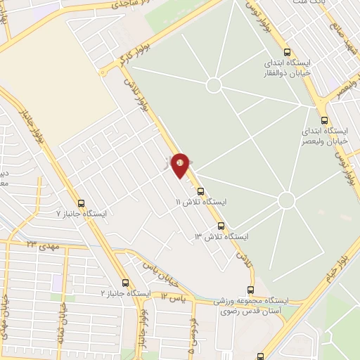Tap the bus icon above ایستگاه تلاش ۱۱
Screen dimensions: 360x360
pyautogui.click(x=200, y=191)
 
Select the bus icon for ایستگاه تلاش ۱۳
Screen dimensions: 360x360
pyautogui.click(x=221, y=226)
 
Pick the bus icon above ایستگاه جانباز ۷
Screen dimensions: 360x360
pyautogui.click(x=81, y=202)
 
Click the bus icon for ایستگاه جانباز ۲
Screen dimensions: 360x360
pyautogui.click(x=125, y=283)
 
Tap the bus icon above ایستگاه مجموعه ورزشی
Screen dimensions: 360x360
pyautogui.click(x=251, y=290)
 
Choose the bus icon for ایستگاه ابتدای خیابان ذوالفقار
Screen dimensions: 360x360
pyautogui.click(x=286, y=51)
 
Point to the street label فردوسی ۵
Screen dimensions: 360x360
pyautogui.click(x=191, y=335)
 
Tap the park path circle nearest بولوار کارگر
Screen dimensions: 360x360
pyautogui.click(x=214, y=85)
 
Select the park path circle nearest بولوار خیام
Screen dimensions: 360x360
pyautogui.click(x=286, y=200)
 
